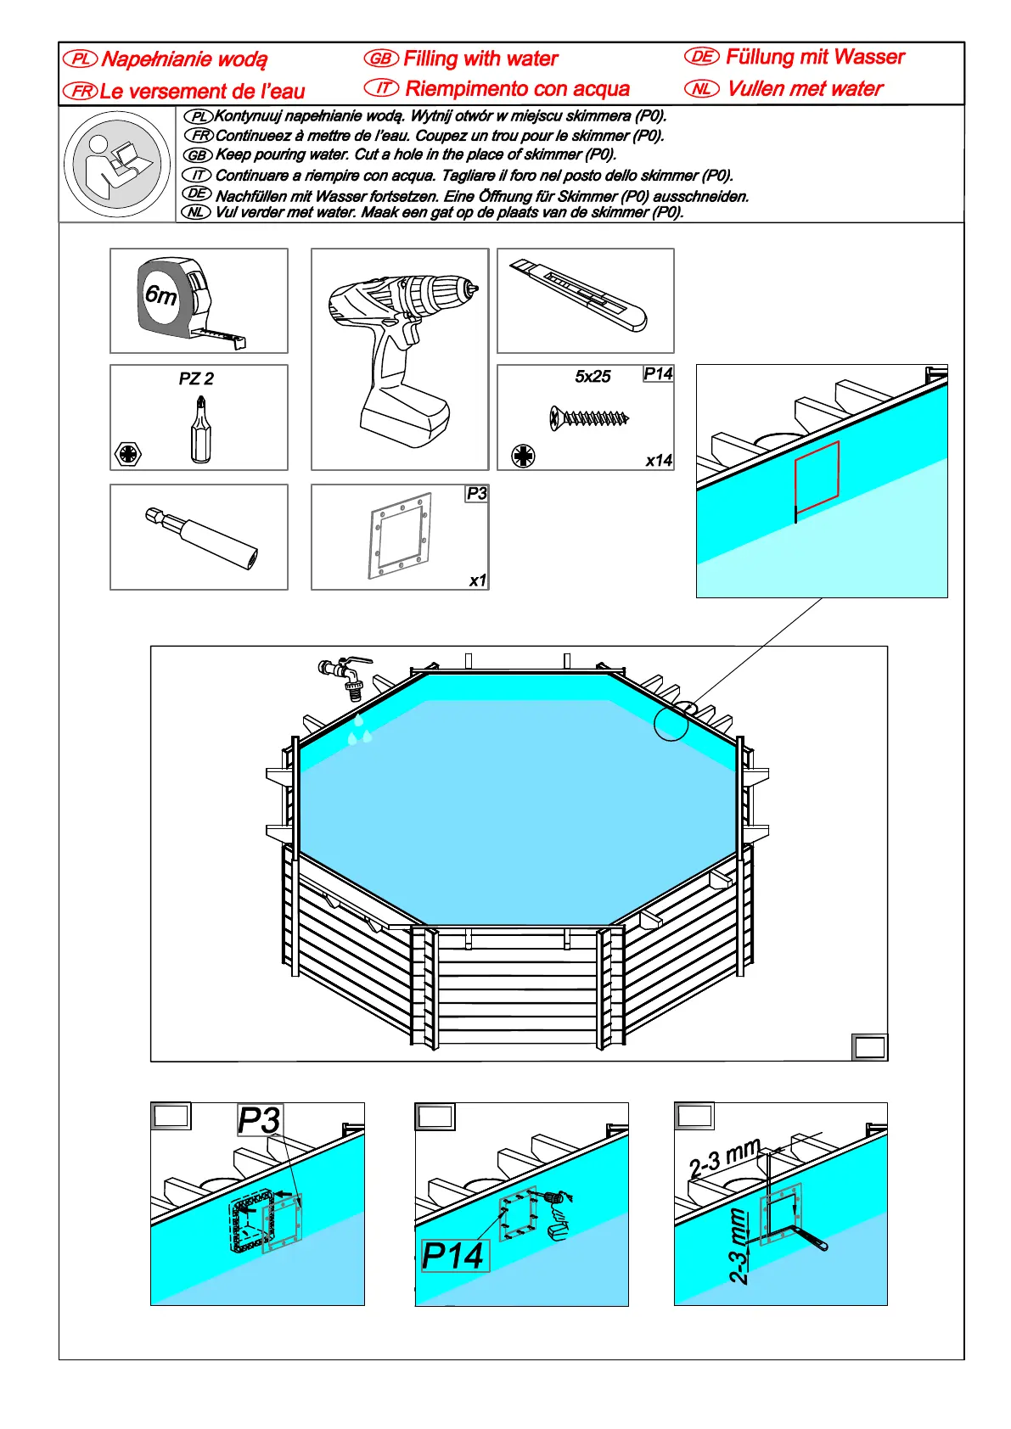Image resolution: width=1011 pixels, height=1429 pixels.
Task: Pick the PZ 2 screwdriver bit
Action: [200, 431]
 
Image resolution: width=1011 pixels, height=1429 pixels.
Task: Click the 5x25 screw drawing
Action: [589, 417]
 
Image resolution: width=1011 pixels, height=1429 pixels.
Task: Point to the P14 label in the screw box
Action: [658, 374]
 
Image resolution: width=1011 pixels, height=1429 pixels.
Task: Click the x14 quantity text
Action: [659, 461]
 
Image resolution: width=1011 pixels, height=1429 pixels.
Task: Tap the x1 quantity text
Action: [478, 580]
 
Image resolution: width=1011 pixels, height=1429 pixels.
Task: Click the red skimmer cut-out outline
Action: [817, 477]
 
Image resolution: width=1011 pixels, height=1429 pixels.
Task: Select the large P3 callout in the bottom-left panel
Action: [259, 1120]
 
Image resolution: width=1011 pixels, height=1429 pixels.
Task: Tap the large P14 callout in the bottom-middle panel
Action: [453, 1256]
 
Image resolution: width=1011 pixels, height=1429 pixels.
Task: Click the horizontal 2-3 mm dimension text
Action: [724, 1158]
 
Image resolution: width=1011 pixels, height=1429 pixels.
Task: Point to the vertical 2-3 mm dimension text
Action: [739, 1246]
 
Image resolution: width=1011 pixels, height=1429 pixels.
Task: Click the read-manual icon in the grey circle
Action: [117, 165]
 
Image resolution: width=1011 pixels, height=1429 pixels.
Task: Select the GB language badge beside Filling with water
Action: [381, 59]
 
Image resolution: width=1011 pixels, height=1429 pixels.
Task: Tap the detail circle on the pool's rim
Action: [671, 724]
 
